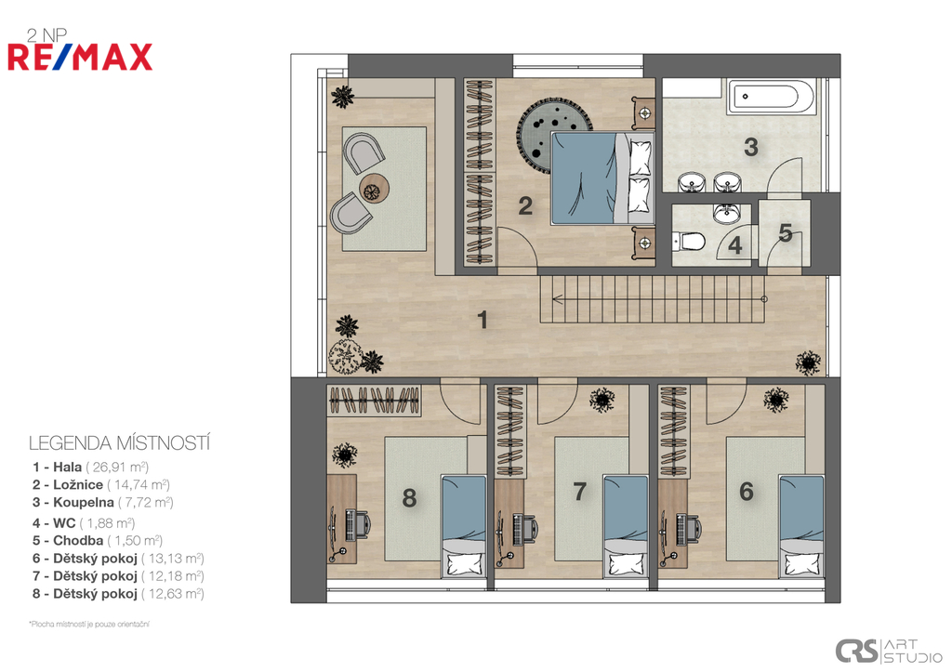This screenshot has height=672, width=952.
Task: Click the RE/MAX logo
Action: pos(80,57)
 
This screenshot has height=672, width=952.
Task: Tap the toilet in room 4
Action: pos(689,242)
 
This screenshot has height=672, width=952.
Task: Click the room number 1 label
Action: pos(483,320)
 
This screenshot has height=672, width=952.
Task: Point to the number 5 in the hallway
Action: pos(786,233)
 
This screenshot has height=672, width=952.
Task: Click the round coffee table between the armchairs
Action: pos(374,188)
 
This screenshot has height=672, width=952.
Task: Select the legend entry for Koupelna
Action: pos(103,503)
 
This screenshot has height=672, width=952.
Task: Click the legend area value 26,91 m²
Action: pos(117,468)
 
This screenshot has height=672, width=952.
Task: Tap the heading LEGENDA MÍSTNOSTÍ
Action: pos(119,443)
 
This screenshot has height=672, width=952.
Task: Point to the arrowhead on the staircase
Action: pos(556,298)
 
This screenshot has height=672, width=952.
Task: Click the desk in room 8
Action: pos(341,519)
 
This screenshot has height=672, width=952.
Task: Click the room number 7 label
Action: pos(580,491)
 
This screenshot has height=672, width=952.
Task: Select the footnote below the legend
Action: pos(89,624)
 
